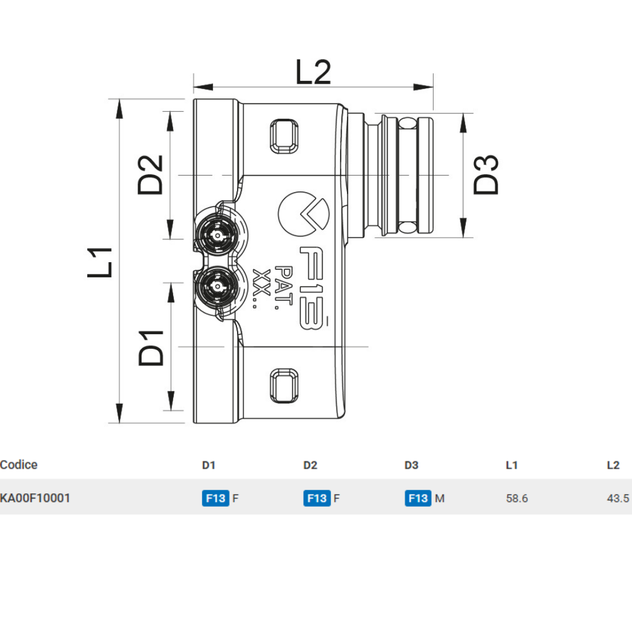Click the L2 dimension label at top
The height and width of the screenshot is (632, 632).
coord(313,73)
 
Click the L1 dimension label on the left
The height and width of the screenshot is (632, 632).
coord(101,262)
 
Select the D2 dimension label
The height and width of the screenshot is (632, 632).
coord(150,174)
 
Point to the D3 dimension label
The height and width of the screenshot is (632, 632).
coord(486,174)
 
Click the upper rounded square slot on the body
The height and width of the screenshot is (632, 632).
coord(284,136)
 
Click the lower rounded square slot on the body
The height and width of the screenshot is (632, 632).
coord(284,385)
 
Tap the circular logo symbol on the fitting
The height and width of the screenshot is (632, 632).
coord(303,214)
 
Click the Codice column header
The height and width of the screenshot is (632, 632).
coord(19,465)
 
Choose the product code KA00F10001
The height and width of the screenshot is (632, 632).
coord(35,498)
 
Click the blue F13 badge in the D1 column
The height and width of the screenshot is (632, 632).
coord(215,498)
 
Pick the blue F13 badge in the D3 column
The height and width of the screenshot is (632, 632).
coord(418,498)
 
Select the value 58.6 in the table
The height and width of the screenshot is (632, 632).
coord(517,499)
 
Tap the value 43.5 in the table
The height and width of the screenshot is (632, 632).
coord(618,499)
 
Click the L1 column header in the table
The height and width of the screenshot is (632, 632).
coord(511,465)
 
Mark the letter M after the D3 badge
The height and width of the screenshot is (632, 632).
coord(440,499)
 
